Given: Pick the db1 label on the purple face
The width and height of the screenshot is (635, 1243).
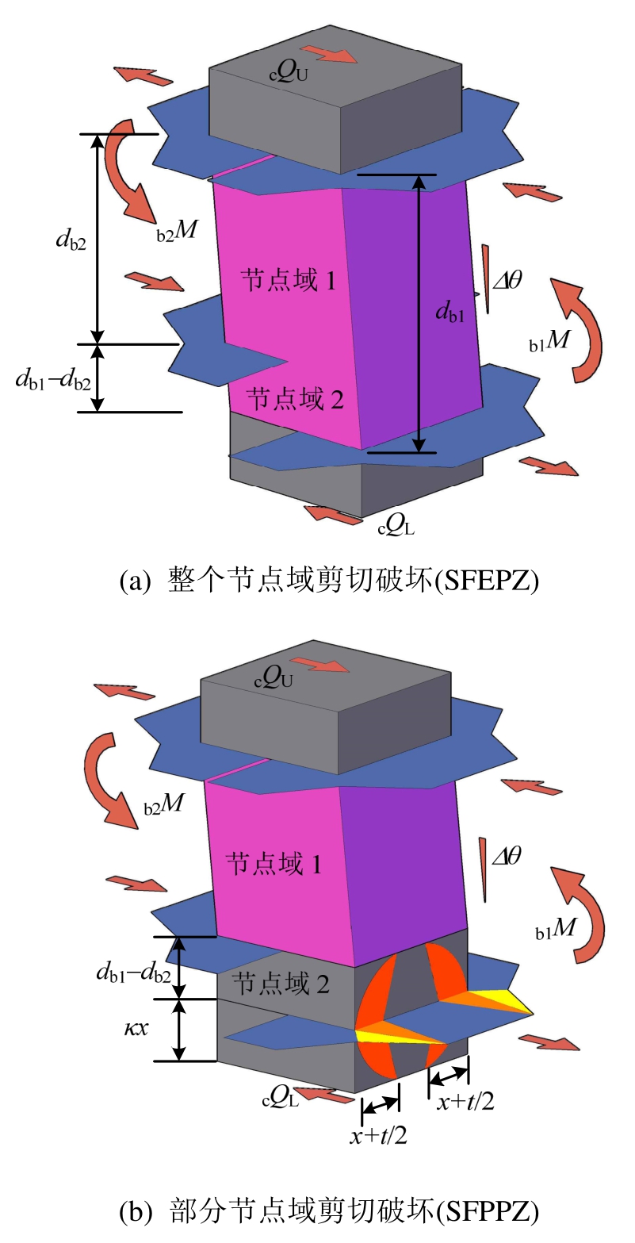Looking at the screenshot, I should pyautogui.click(x=449, y=311).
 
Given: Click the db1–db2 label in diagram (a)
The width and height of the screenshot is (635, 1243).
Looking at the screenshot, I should pyautogui.click(x=53, y=378).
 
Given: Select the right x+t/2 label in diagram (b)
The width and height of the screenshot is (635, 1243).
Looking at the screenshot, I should pyautogui.click(x=465, y=1100).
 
